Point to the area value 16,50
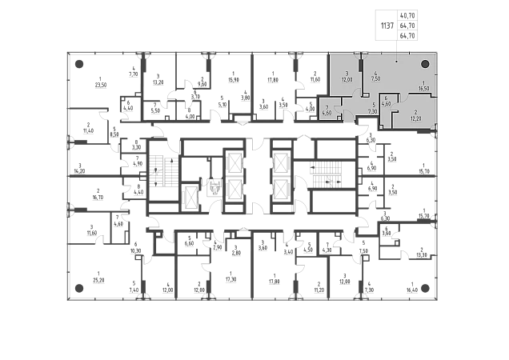pos(424,90)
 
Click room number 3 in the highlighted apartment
pos(347,74)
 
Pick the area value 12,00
pos(347,80)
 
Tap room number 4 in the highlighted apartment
pos(375,73)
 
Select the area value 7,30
pos(373,111)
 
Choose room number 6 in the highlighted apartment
pos(386,98)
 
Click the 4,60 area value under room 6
pos(386,104)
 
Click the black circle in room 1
pos(426,64)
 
